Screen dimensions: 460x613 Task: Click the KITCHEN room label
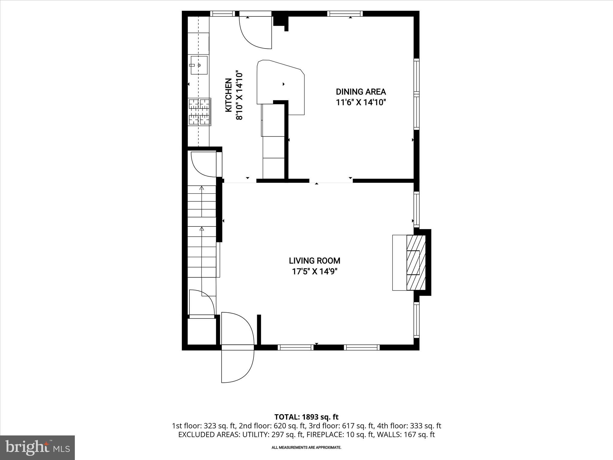(228, 95)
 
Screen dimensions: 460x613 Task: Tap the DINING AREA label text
(361, 92)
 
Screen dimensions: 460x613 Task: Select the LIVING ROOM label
(315, 261)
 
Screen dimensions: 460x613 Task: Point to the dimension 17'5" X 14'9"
(317, 272)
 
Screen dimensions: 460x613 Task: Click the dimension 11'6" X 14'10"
(361, 102)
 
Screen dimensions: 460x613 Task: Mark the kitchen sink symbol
(199, 65)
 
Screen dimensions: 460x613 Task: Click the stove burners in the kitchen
(199, 112)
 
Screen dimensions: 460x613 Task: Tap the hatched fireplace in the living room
(416, 263)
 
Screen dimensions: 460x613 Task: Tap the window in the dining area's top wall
(345, 13)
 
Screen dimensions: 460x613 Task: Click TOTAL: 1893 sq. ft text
(306, 417)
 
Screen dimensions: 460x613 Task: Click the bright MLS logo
(37, 447)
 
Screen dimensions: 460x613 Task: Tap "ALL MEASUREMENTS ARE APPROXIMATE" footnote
(306, 447)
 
